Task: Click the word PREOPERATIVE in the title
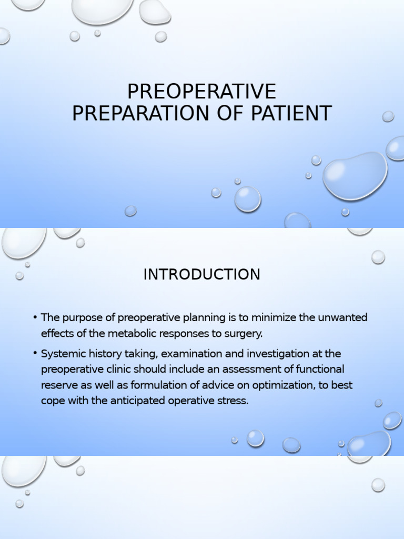[201, 92]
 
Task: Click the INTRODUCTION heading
[201, 274]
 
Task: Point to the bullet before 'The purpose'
[35, 317]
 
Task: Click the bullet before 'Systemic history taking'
[35, 353]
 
